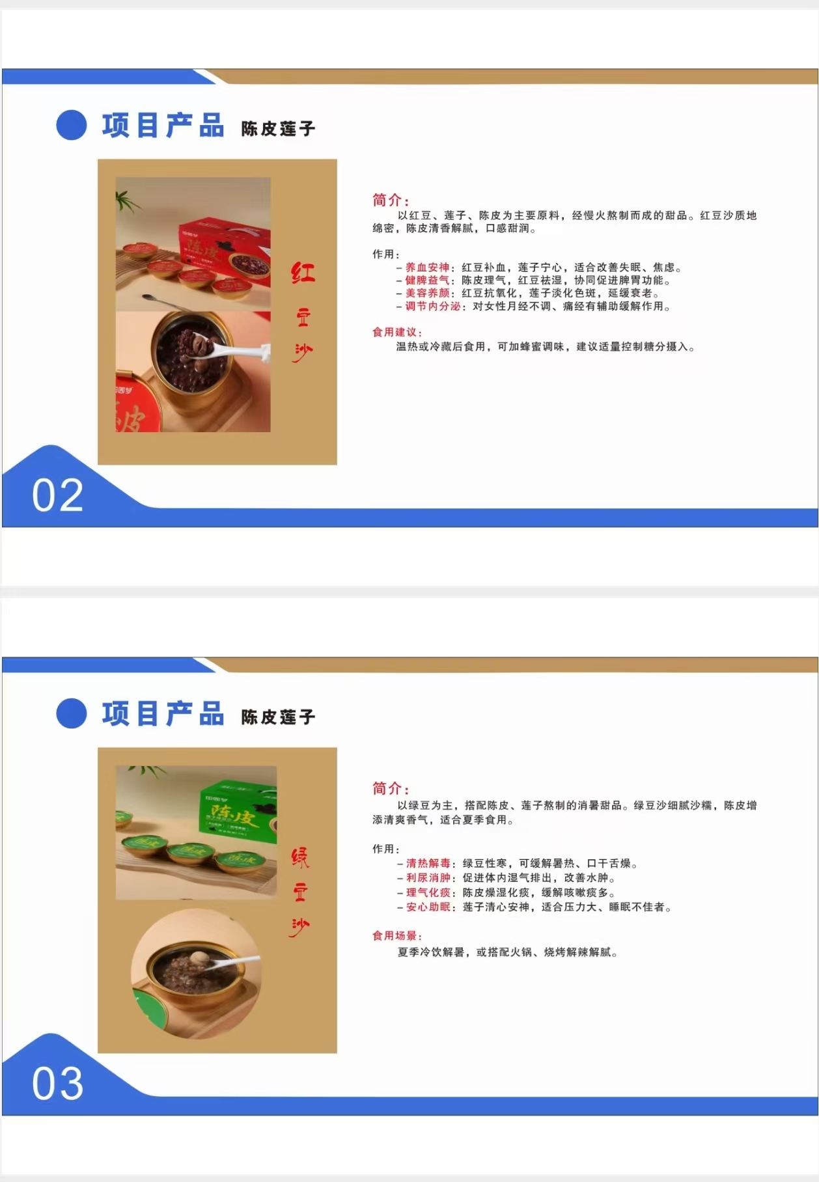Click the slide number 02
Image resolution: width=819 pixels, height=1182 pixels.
58,495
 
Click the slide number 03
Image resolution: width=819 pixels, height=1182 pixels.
58,1084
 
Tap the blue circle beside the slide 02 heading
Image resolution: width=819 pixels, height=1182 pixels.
72,125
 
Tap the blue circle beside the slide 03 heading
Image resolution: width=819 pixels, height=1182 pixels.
72,713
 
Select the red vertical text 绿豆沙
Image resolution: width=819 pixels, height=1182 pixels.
300,892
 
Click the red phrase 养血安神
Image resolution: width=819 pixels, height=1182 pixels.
427,268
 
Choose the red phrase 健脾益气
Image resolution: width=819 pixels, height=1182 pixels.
427,281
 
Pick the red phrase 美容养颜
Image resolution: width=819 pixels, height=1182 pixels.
427,294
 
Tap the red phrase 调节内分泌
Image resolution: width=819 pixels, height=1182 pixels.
432,307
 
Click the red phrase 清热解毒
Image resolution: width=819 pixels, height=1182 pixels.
428,864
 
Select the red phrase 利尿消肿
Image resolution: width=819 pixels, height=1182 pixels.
428,878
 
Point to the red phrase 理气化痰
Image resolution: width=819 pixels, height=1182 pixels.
428,893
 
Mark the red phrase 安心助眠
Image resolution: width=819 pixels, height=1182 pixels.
428,907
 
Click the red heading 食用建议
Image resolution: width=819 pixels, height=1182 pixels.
396,333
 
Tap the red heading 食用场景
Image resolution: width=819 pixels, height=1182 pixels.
396,936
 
